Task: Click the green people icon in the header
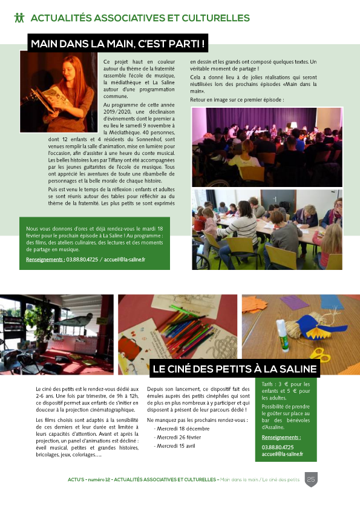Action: [19, 18]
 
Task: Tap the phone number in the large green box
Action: [83, 259]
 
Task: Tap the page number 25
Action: [311, 479]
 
